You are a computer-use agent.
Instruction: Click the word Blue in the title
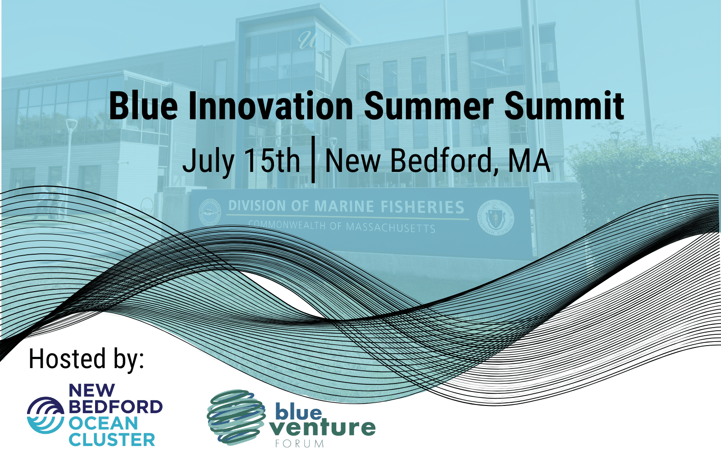point(143,106)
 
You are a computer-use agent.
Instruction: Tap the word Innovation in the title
point(270,106)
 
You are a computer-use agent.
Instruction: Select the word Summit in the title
point(564,106)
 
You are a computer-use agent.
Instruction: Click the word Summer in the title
point(429,106)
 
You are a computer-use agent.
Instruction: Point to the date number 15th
point(272,161)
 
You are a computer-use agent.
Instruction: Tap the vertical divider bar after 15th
point(313,159)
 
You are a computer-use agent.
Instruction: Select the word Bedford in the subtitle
point(443,161)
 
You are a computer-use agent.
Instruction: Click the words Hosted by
point(86,359)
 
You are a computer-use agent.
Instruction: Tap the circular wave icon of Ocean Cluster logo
point(46,415)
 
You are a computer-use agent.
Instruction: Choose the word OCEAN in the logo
point(103,423)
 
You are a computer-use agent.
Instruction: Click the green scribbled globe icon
point(235,417)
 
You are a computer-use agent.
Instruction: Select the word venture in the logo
point(323,427)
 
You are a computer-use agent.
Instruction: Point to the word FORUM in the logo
point(300,444)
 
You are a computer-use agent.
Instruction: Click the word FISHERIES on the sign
point(422,207)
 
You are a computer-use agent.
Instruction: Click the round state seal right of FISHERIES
point(496,217)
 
